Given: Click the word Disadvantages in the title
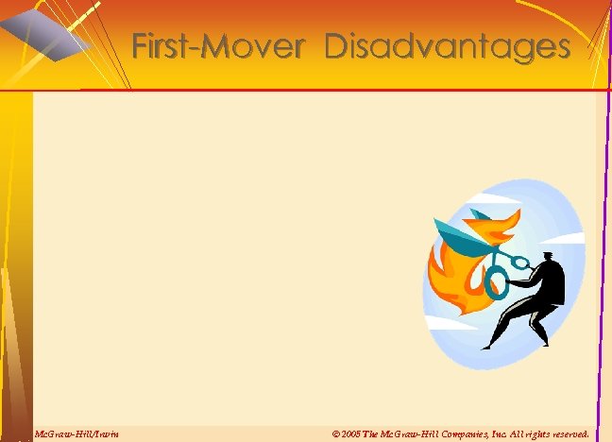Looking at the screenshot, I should [x=448, y=46].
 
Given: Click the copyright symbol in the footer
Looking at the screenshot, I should [x=337, y=433].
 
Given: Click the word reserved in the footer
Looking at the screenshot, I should [x=569, y=433].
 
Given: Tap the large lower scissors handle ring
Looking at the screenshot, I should [x=496, y=279].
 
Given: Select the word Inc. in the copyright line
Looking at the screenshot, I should [x=491, y=433].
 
